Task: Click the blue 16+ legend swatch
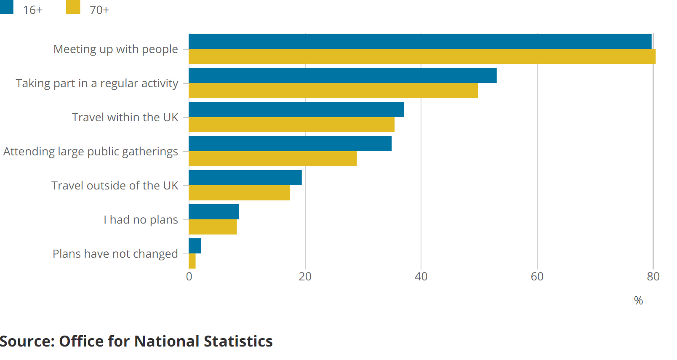(6, 7)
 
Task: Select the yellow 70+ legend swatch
(73, 7)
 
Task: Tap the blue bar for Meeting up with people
(420, 41)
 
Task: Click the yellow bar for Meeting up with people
(422, 56)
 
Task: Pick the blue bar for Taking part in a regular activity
(342, 75)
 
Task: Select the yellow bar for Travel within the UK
(291, 125)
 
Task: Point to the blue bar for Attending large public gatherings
(290, 144)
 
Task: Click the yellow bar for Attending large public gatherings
(272, 159)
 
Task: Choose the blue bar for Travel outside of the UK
(245, 178)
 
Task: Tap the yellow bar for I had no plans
(213, 227)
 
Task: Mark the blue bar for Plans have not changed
(195, 246)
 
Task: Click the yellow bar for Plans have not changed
(192, 261)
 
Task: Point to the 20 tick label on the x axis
(305, 277)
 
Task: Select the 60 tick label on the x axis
(537, 277)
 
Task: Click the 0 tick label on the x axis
(189, 277)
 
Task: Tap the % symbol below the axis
(638, 301)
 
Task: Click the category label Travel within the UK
(125, 117)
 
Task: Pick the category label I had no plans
(141, 219)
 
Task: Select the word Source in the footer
(26, 341)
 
